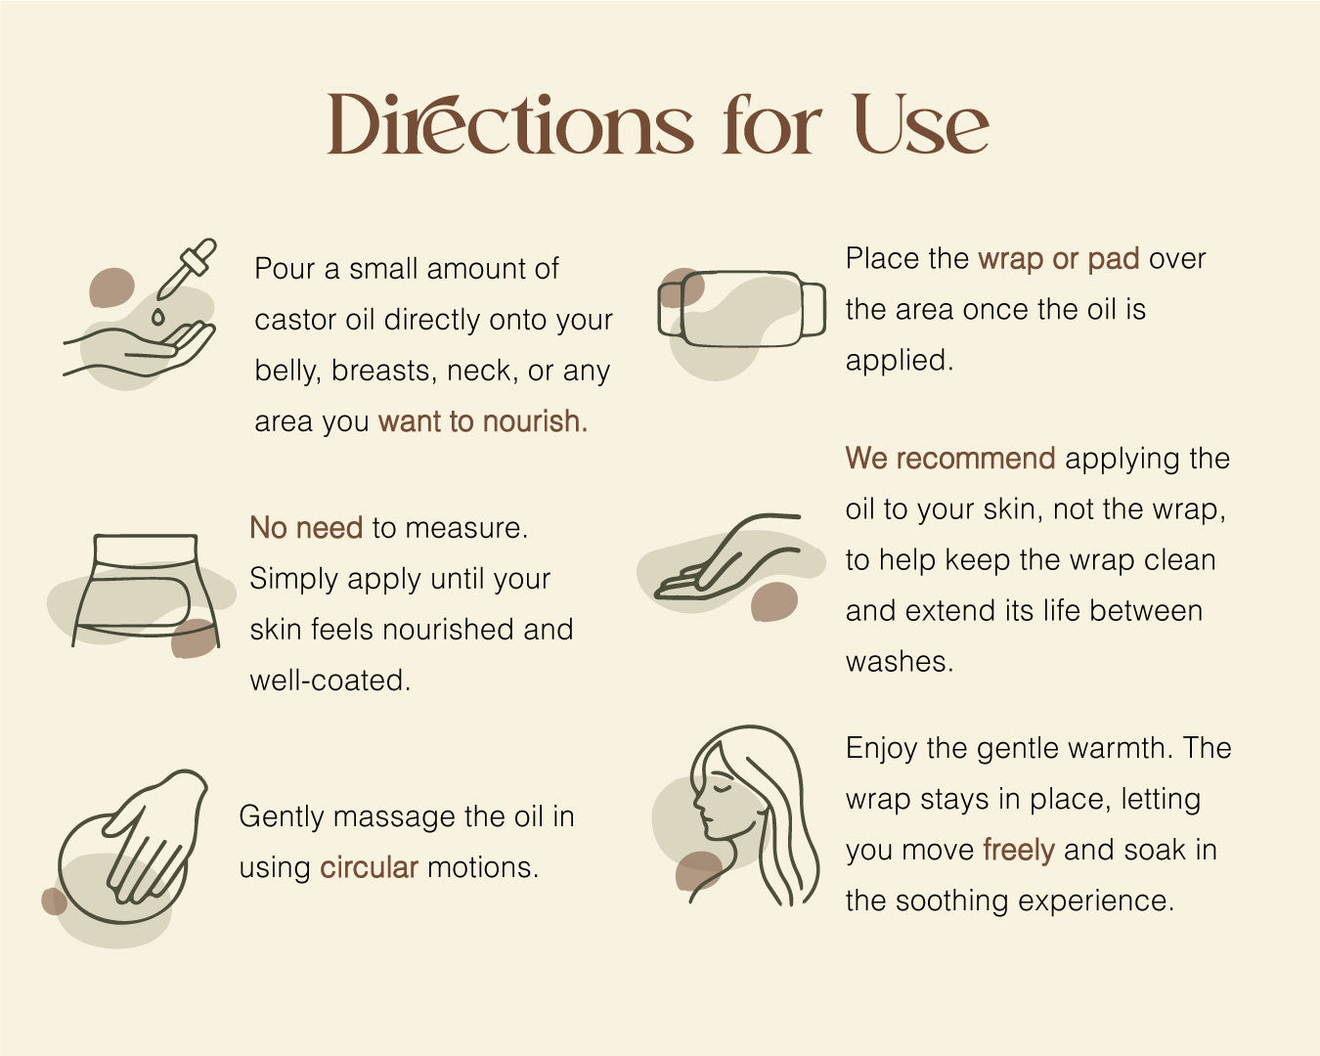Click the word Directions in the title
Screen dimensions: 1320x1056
point(510,124)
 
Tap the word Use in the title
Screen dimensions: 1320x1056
point(921,124)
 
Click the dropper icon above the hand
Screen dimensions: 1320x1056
point(187,269)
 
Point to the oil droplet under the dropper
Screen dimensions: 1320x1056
point(158,317)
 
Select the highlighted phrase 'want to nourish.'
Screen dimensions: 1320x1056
point(483,421)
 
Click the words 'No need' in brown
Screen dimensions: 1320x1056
point(306,528)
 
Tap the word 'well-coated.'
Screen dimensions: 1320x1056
point(330,681)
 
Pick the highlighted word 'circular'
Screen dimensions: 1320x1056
point(370,867)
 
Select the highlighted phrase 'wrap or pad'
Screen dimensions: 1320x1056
point(1059,259)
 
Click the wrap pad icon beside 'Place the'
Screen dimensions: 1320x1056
point(741,309)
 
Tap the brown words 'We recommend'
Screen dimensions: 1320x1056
point(950,459)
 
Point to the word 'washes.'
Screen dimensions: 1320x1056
point(900,661)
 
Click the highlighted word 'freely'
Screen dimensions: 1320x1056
point(1019,850)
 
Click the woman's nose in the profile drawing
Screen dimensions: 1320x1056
point(697,802)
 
